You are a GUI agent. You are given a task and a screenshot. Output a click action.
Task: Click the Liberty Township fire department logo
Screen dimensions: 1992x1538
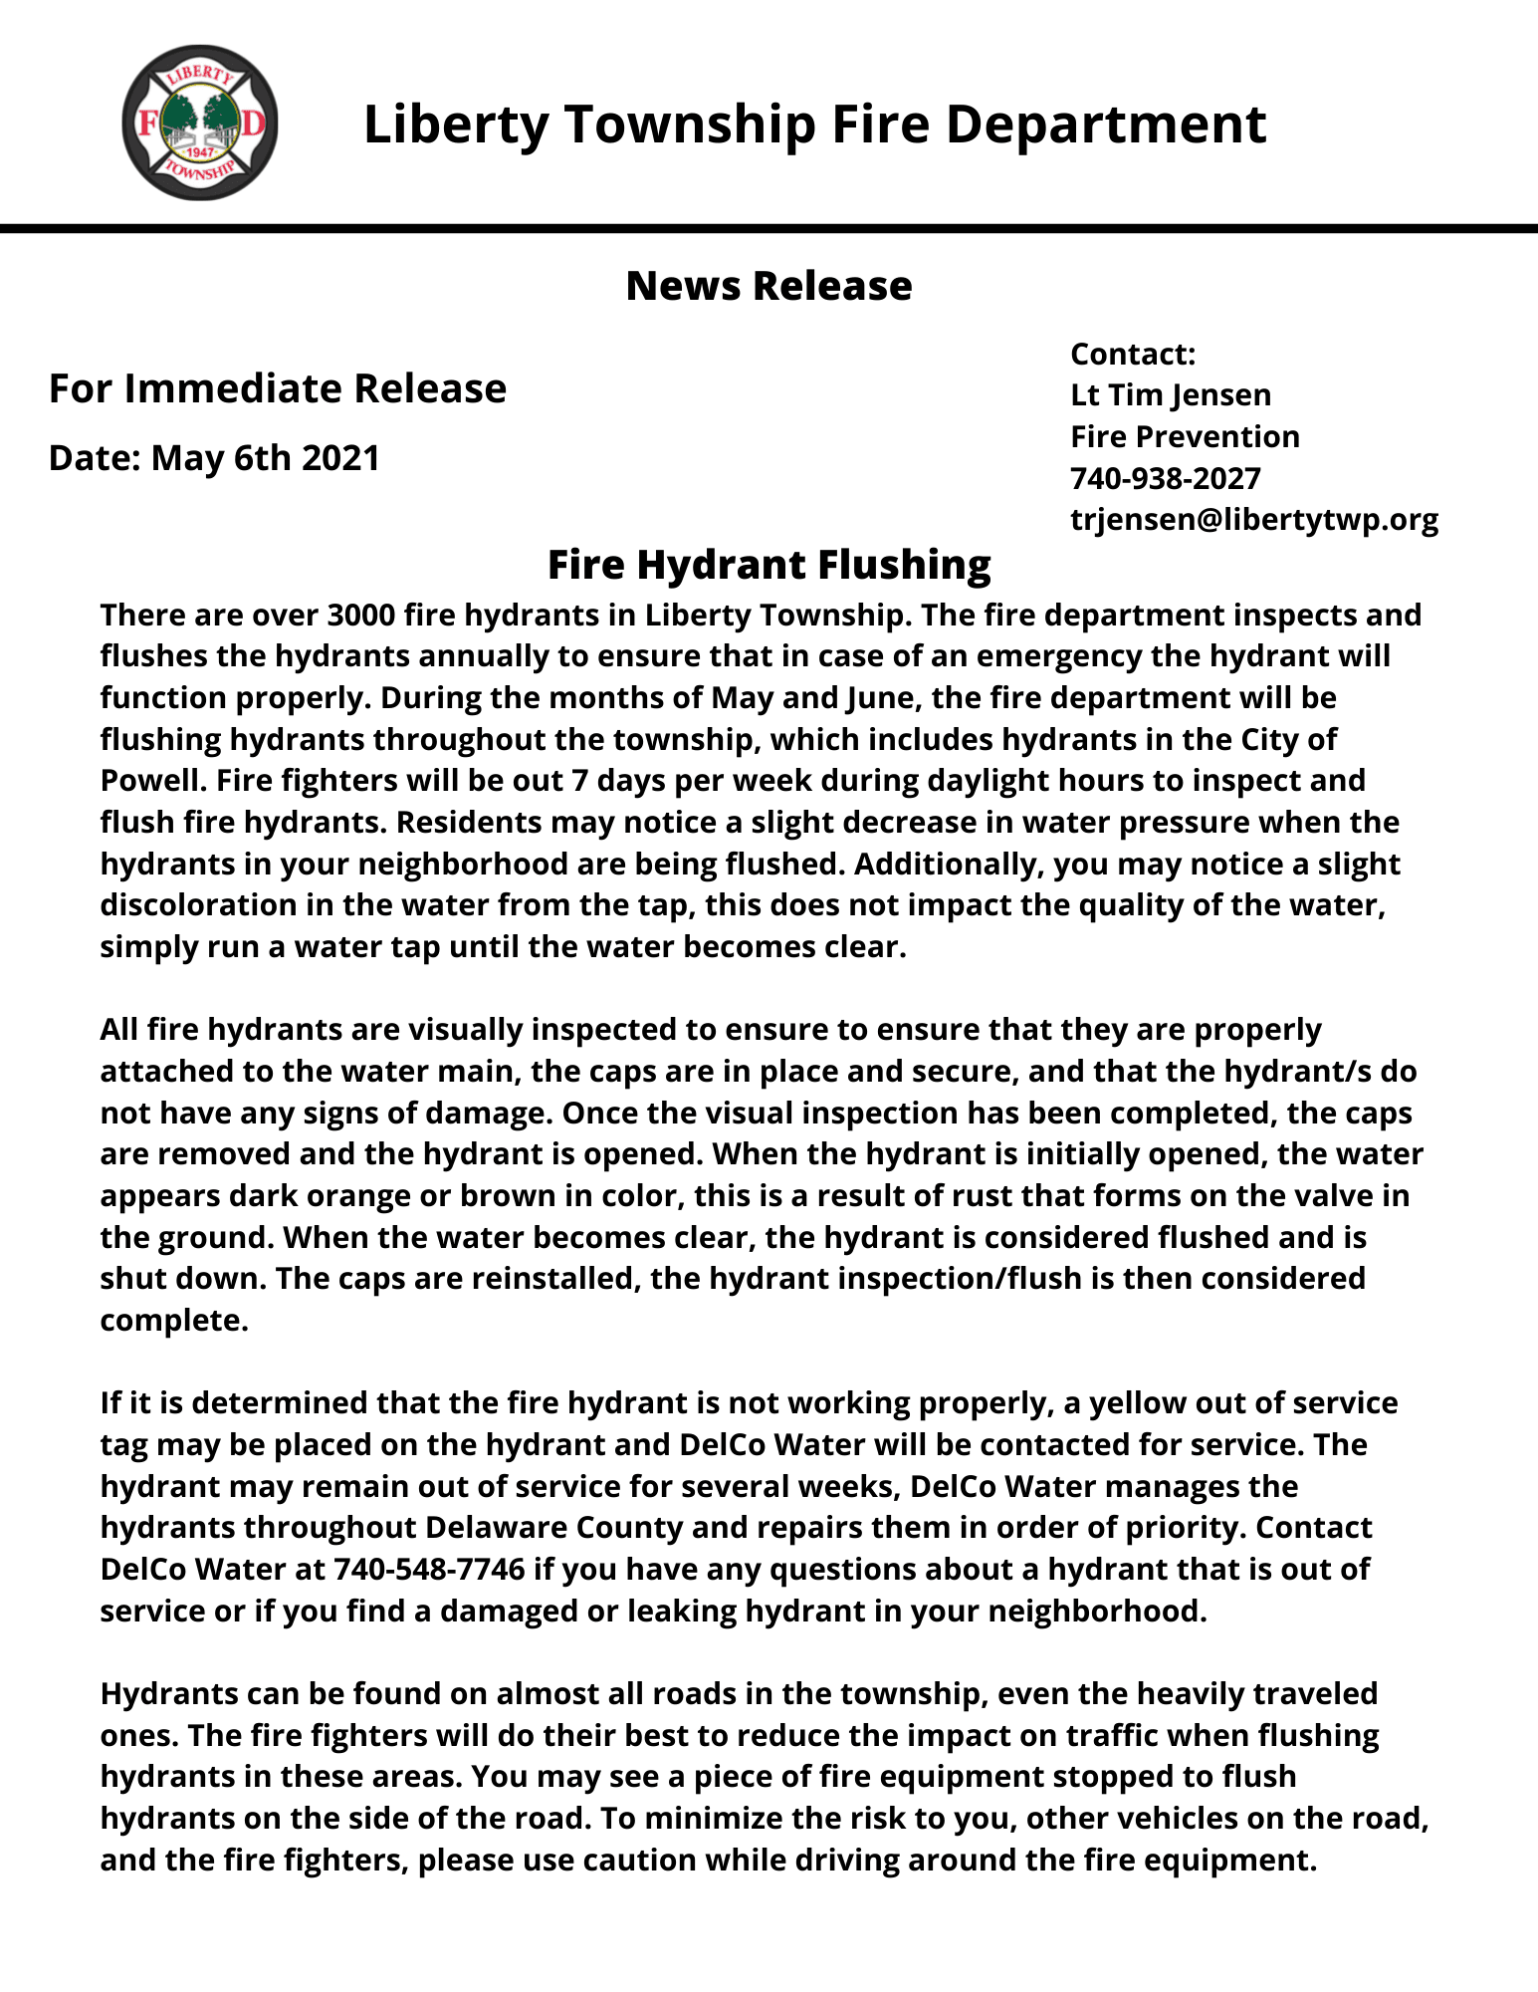(x=199, y=123)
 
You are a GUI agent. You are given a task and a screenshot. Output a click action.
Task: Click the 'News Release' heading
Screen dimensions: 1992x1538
(x=769, y=286)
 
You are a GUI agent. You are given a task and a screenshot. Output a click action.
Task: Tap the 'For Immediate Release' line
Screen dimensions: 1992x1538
(x=278, y=388)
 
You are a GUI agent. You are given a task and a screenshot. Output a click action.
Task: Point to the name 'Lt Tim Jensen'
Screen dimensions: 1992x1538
(x=1171, y=395)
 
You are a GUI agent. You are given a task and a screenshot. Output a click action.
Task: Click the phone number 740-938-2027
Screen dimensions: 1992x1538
(x=1166, y=478)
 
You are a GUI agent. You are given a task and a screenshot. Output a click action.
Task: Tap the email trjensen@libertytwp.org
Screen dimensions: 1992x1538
(x=1254, y=520)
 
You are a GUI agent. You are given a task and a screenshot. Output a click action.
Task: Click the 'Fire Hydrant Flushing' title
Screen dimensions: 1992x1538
(x=769, y=565)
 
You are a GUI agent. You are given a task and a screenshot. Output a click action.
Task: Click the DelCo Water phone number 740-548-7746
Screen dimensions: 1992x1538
(x=429, y=1569)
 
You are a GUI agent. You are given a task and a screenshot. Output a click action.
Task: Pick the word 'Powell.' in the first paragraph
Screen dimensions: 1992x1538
(x=143, y=780)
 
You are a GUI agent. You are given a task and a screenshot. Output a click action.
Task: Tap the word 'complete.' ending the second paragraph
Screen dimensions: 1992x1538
(x=174, y=1321)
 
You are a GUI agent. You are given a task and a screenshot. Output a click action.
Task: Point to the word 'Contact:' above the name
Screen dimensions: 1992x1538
(x=1133, y=354)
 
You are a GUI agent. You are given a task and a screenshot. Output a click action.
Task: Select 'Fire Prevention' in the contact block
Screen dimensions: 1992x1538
(x=1185, y=437)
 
